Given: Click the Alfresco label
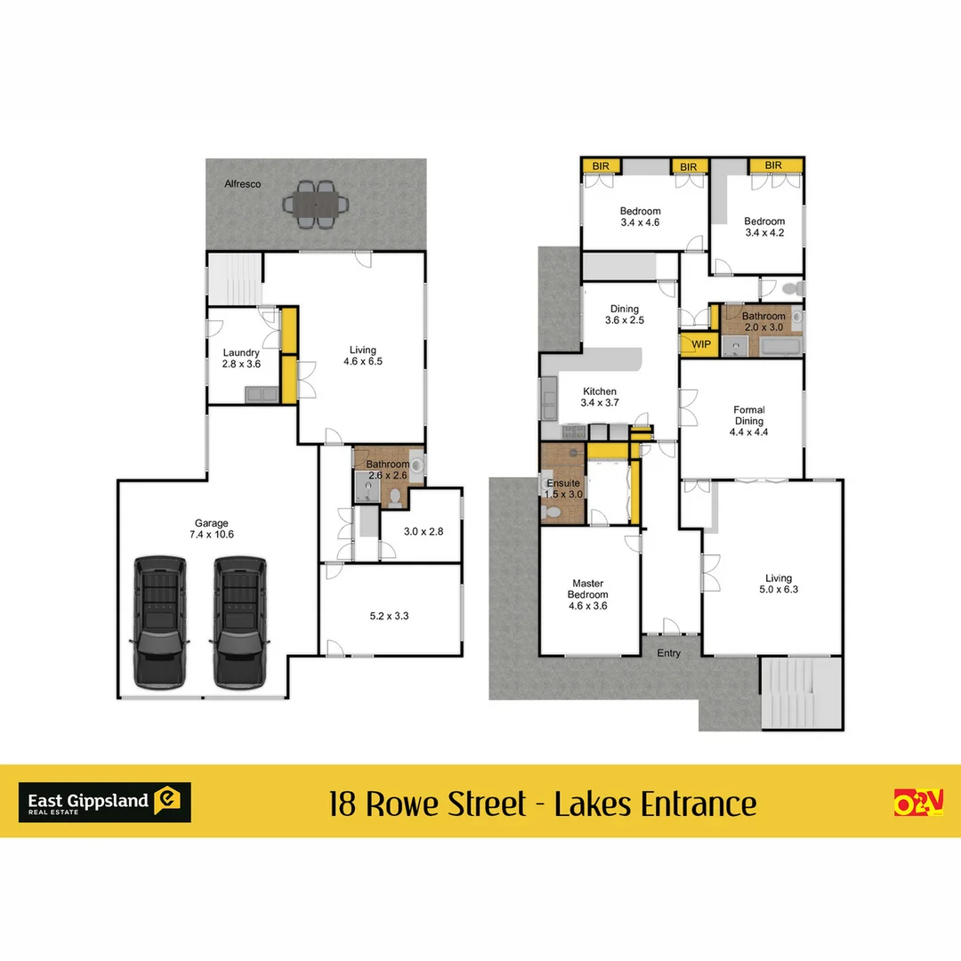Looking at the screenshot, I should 243,184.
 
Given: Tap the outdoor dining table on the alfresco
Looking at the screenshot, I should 316,204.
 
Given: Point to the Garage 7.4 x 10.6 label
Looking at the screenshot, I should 212,529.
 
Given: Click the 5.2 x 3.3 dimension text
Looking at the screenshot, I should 390,614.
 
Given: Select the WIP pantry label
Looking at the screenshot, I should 699,344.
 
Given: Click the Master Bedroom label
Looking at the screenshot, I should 588,594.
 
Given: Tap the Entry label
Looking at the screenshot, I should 669,653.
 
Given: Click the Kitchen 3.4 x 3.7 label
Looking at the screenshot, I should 600,397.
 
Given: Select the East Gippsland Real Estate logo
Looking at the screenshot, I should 104,802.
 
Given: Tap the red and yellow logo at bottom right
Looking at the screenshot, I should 917,802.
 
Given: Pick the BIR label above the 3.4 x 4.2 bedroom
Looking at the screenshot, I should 773,166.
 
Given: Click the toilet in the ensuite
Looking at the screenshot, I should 553,513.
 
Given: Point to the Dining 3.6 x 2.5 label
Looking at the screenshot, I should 625,315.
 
